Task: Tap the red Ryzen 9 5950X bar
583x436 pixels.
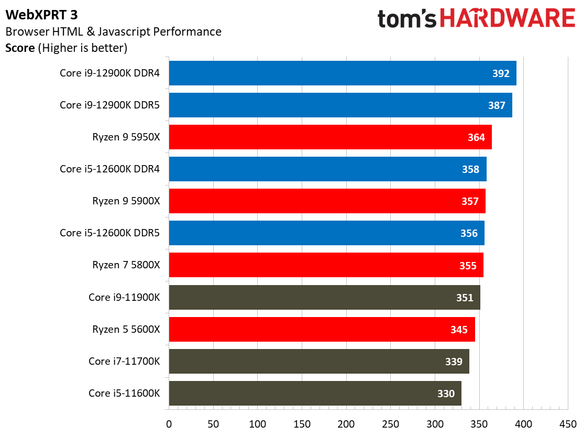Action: [x=330, y=137]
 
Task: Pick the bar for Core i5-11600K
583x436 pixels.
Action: [x=315, y=393]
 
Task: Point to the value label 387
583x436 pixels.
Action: [x=496, y=105]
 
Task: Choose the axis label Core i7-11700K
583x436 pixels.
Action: [x=124, y=361]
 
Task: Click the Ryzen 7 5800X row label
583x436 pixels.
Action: [x=126, y=265]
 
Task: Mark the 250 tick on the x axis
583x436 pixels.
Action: [x=391, y=423]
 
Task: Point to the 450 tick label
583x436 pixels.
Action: [x=568, y=423]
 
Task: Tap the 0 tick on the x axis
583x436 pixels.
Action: [x=169, y=423]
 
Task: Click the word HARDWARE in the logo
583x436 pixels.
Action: [x=508, y=18]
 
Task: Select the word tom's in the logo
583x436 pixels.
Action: [x=408, y=19]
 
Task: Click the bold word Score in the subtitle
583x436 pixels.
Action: [x=20, y=48]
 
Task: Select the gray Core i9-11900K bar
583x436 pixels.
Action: [x=324, y=298]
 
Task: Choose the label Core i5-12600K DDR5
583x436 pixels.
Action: [x=109, y=233]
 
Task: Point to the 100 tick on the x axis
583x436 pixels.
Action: [x=258, y=423]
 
